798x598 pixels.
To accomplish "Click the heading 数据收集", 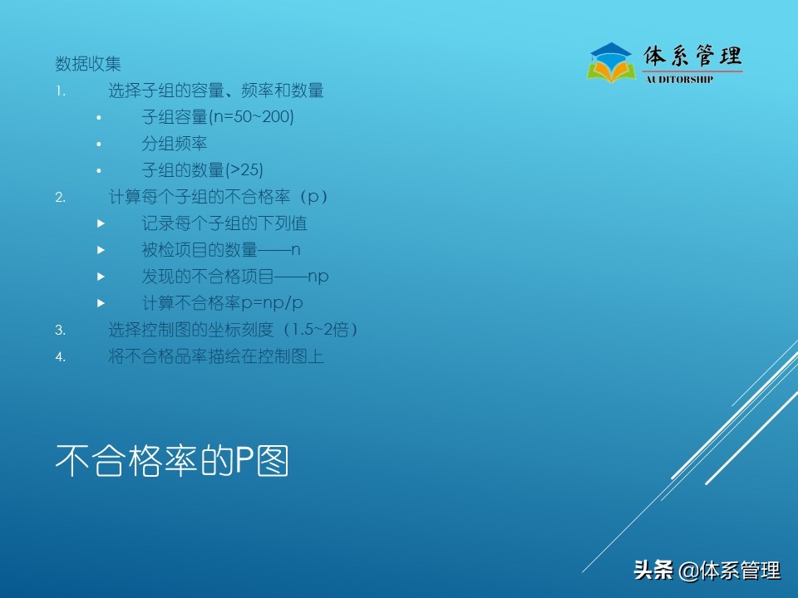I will coord(88,64).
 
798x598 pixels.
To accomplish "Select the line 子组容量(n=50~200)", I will coord(218,117).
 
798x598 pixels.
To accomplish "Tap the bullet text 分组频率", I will coord(175,144).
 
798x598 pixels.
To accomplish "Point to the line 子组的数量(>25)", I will coord(202,170).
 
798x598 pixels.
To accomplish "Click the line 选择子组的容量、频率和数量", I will coord(216,91).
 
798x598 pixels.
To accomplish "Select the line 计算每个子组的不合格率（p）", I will coord(219,197).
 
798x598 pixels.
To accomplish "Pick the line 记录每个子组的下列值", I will coord(224,223).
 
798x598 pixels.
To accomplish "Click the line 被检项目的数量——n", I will coord(221,250).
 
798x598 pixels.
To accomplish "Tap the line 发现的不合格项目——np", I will coord(235,277).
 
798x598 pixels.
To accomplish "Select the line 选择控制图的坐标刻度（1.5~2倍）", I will coord(234,330).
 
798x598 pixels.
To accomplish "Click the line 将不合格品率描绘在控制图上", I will coord(216,356).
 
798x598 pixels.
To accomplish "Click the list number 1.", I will coord(60,91).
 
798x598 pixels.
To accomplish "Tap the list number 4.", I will coord(60,357).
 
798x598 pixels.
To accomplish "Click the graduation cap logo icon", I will coord(611,63).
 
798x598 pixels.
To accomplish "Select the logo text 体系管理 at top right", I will coord(692,56).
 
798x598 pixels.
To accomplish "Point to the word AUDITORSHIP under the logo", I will coord(679,80).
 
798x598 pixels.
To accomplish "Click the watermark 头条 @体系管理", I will coord(707,571).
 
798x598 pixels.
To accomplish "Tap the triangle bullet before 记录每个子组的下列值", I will coord(101,224).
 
